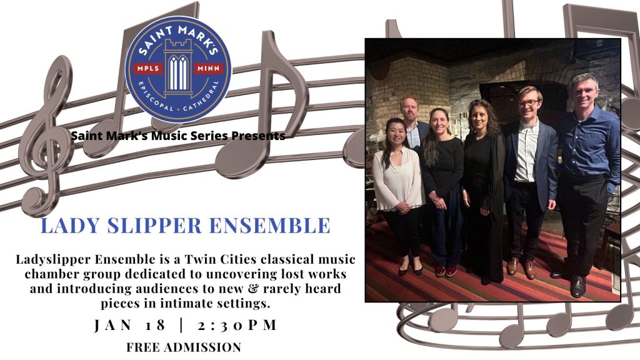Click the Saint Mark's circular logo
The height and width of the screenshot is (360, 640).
click(x=178, y=69)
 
